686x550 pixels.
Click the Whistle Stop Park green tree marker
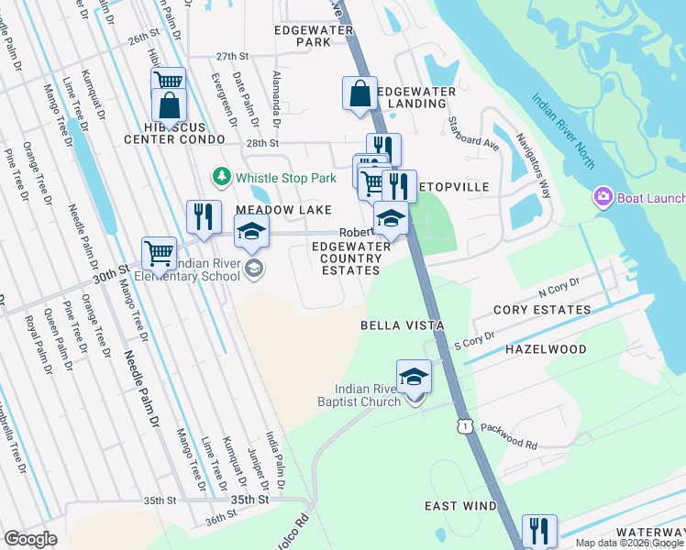(221, 175)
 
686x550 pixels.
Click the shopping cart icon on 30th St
(159, 252)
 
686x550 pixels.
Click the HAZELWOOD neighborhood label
(546, 350)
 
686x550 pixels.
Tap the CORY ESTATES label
(542, 310)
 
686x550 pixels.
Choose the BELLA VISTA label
(402, 325)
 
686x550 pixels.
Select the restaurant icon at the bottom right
(539, 530)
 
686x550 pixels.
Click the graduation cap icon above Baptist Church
(414, 376)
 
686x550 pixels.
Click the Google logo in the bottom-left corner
(30, 539)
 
